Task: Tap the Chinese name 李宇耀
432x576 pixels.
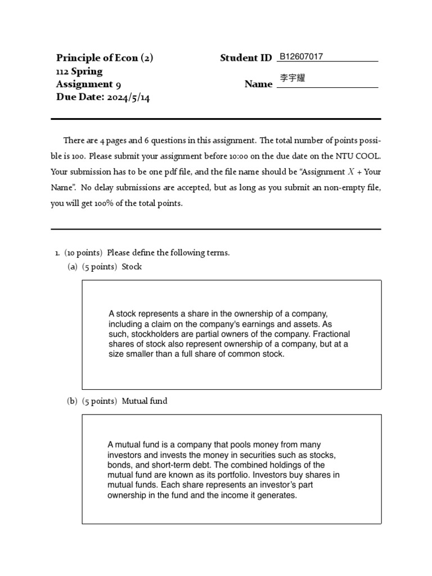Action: tap(292, 79)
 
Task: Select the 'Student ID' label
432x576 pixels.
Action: tap(246, 58)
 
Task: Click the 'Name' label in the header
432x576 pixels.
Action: tap(258, 84)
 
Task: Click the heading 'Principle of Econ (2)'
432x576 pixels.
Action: tap(105, 58)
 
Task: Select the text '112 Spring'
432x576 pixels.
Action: tap(79, 71)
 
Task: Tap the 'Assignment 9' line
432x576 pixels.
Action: tap(88, 84)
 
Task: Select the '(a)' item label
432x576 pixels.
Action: tap(73, 267)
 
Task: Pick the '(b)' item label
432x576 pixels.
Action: tap(73, 401)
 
